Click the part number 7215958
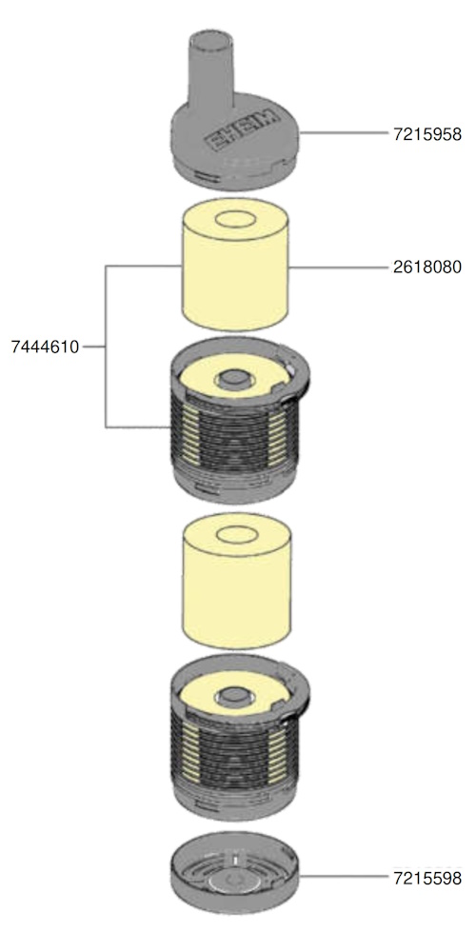(427, 133)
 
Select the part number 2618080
(427, 268)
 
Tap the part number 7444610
(45, 347)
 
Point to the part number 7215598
(427, 878)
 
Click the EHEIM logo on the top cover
(242, 131)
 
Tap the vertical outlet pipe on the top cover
(210, 73)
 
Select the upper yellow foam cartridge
(235, 265)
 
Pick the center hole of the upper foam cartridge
(235, 219)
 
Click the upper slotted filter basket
(240, 420)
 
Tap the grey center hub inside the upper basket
(231, 380)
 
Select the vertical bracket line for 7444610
(106, 347)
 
